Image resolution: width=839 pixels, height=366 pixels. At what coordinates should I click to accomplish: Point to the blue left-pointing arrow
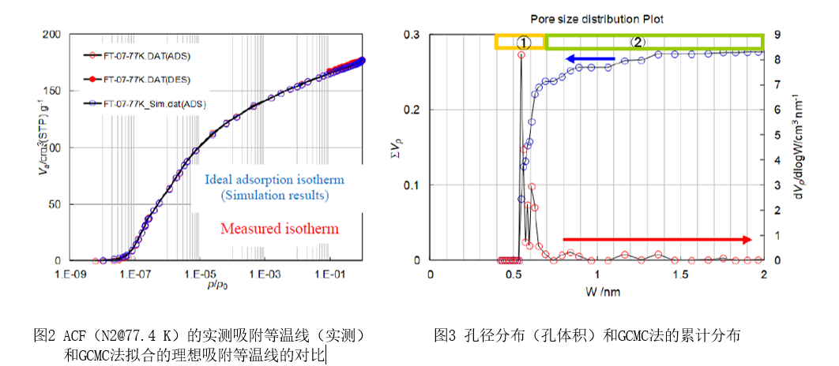[x=591, y=58]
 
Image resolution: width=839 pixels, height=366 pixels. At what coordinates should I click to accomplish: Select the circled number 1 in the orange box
[x=521, y=42]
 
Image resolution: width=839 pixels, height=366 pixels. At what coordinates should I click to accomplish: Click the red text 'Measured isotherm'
[x=280, y=230]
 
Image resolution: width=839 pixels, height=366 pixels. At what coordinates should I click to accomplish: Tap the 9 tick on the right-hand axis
[x=777, y=35]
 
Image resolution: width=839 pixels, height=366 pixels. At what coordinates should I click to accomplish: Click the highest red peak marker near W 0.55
[x=521, y=55]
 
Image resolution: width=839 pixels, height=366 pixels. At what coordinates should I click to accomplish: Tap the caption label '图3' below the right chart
[x=446, y=335]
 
